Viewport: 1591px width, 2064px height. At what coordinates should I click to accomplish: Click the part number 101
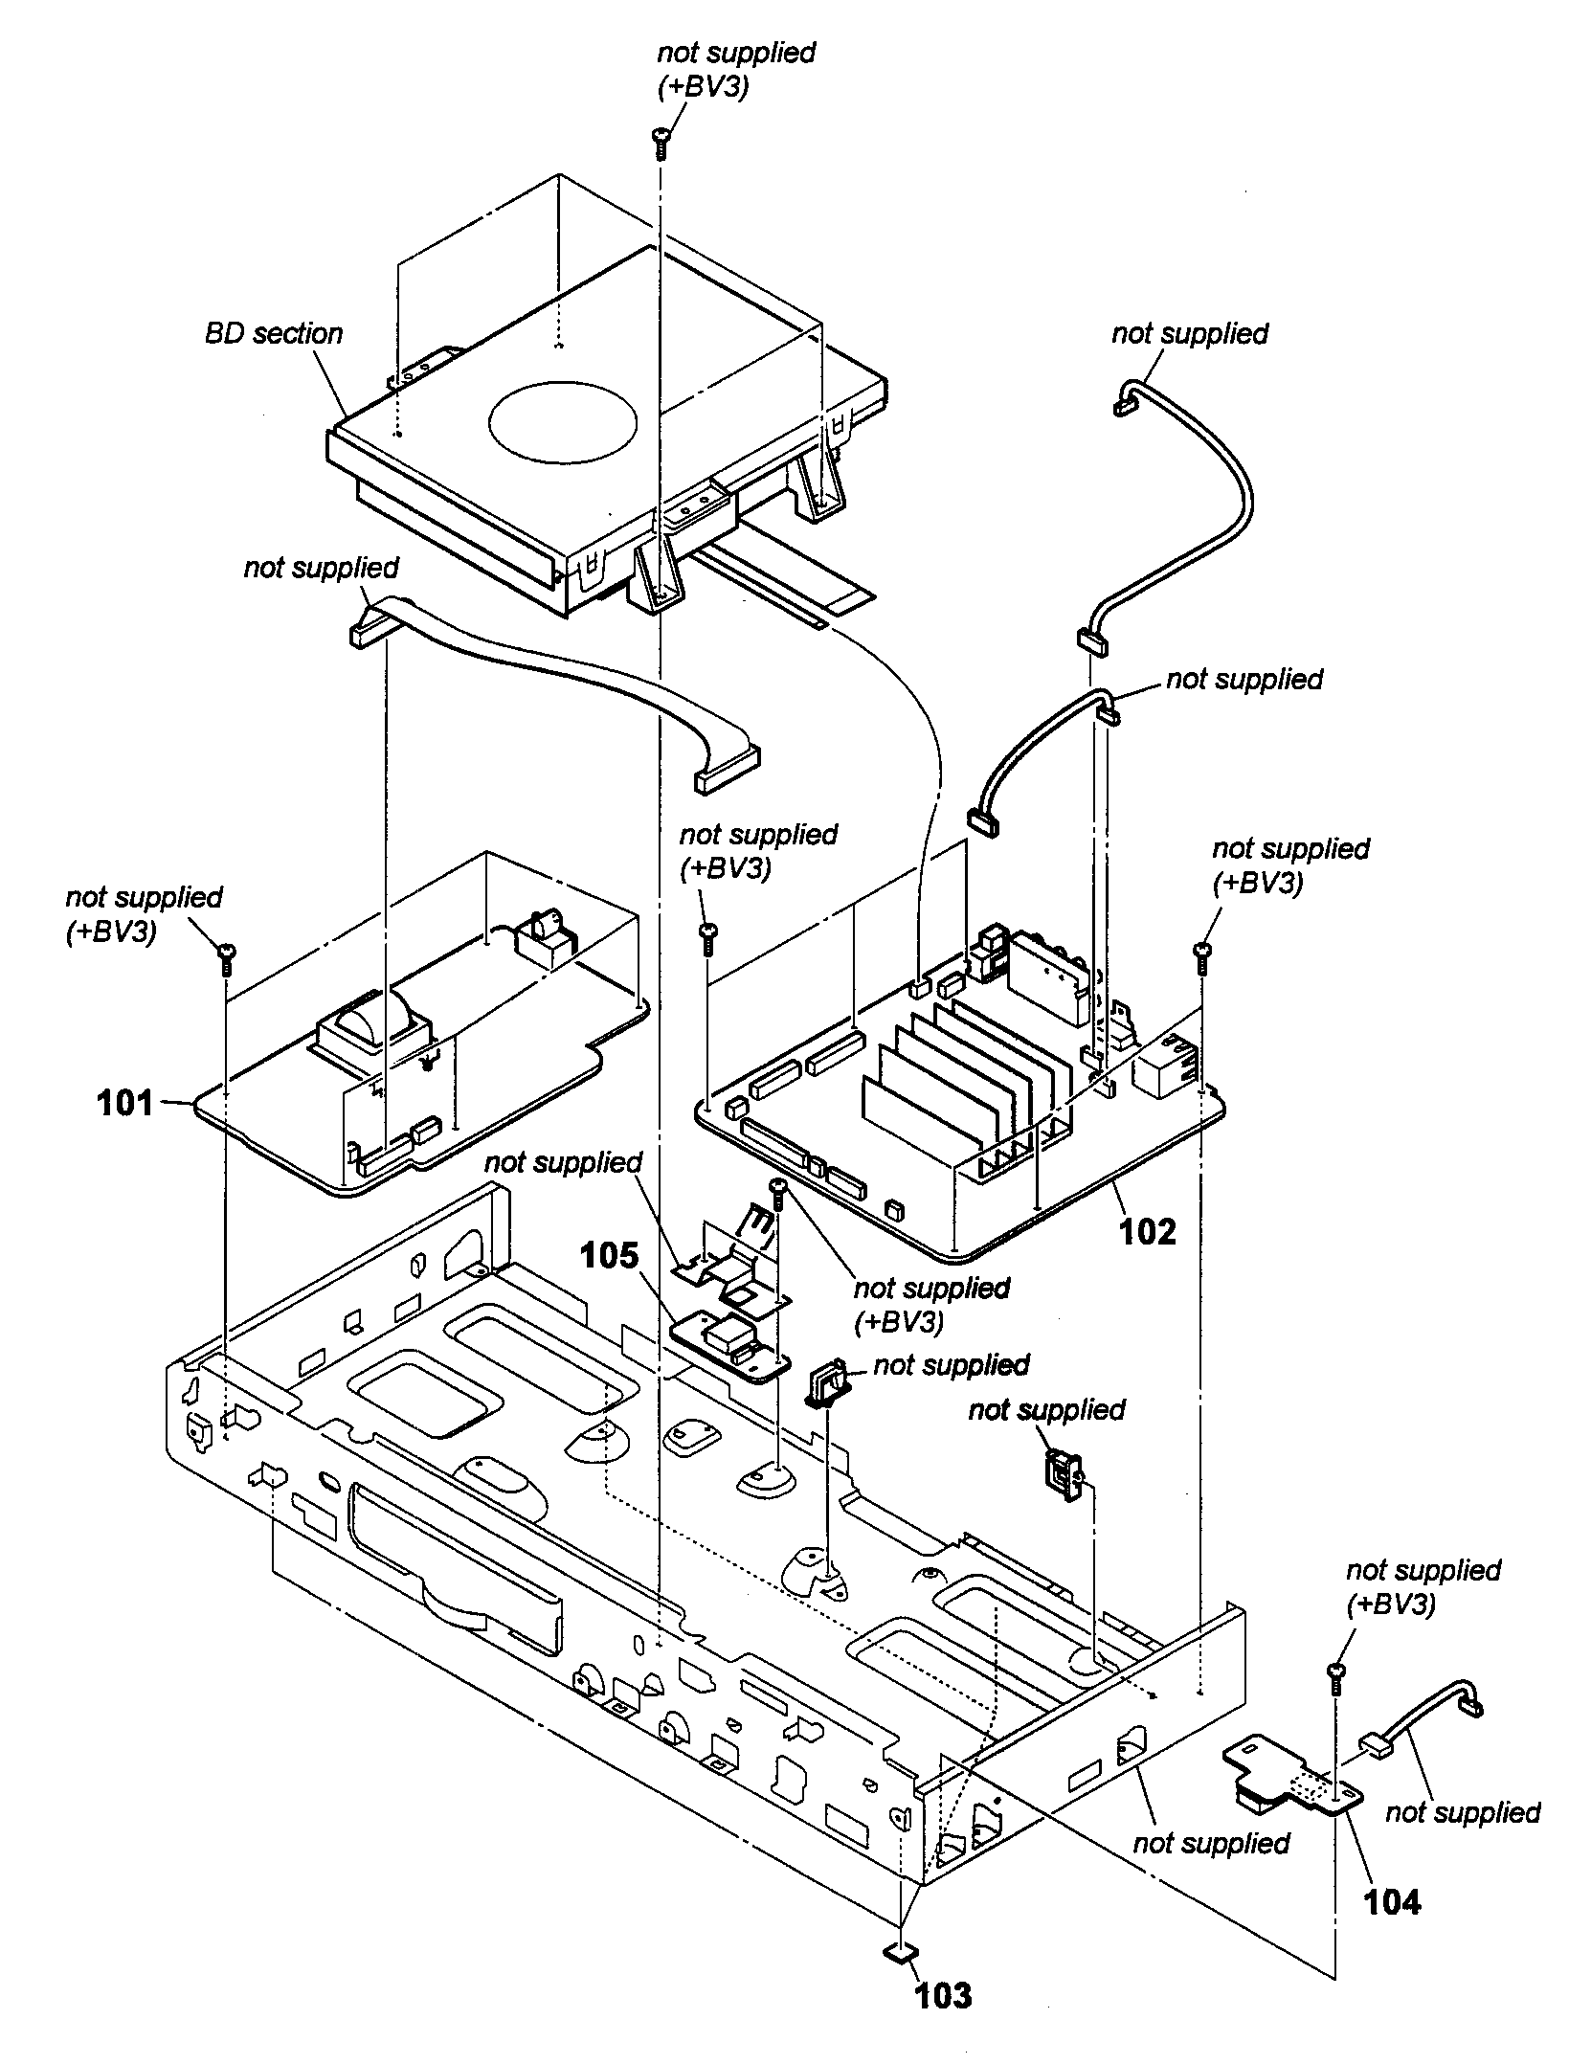click(124, 1103)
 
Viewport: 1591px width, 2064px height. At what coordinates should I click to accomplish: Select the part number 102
click(1147, 1231)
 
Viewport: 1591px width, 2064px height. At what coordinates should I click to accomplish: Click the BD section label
click(273, 333)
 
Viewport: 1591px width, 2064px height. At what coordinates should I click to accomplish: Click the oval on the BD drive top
click(563, 421)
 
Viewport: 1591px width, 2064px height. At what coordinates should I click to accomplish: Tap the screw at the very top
click(661, 143)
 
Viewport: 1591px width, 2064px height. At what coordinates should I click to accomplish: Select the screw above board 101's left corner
click(227, 956)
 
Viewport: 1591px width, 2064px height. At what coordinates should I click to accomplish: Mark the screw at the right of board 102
click(1203, 953)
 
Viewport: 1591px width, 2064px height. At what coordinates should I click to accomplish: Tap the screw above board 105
click(777, 1192)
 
